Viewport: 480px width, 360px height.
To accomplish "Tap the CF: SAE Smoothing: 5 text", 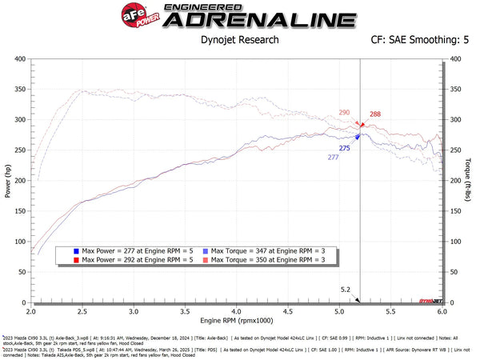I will [420, 38].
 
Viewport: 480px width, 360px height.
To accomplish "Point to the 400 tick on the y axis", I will [18, 59].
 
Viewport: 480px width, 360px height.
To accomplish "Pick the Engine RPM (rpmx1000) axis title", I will [236, 319].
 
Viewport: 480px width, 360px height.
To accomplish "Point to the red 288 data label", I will [375, 115].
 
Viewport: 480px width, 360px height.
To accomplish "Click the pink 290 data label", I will [344, 114].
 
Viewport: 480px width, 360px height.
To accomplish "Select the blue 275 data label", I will [345, 148].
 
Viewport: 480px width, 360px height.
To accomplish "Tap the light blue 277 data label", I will [333, 158].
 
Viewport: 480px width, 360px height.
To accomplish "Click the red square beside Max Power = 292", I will [74, 260].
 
